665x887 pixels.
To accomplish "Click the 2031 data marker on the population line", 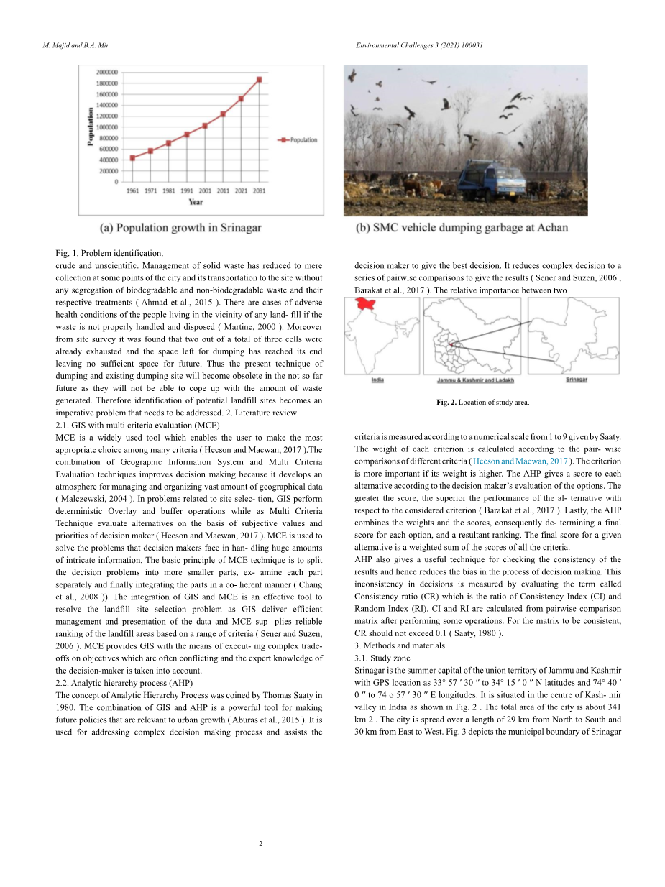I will click(x=259, y=80).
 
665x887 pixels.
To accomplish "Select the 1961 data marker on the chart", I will click(x=133, y=157).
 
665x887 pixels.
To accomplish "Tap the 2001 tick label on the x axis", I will click(x=205, y=191).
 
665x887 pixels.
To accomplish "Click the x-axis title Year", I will click(x=196, y=202).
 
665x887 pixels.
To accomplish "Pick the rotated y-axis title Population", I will click(x=91, y=127).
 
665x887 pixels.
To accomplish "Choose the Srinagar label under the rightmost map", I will click(x=576, y=379).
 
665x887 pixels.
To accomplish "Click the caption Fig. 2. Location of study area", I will click(x=482, y=403).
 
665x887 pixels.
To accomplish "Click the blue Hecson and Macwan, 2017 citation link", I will click(x=520, y=461).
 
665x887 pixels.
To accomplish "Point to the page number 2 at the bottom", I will click(x=260, y=842).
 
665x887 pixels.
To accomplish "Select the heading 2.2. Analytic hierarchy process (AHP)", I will click(x=124, y=682).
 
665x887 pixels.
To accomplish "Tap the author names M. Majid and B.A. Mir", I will click(x=71, y=45).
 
